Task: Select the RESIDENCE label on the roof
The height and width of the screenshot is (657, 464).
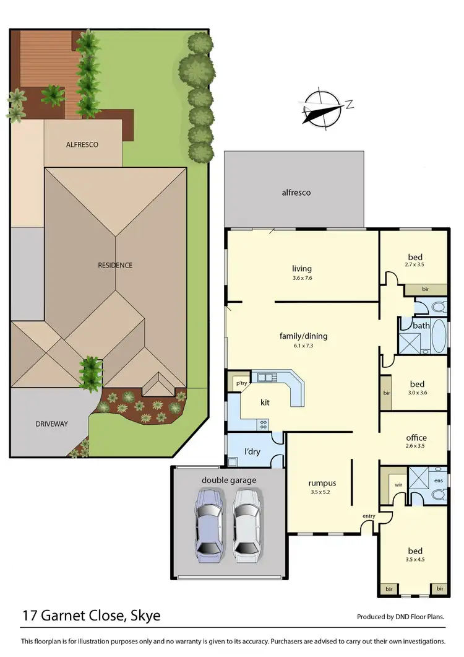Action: (115, 265)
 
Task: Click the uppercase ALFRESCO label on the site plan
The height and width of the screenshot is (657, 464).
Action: (82, 144)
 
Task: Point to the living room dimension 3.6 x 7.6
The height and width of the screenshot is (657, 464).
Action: (302, 278)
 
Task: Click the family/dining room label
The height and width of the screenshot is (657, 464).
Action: (303, 336)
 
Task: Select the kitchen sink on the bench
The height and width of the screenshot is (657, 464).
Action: (269, 376)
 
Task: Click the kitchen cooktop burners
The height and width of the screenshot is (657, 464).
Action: (263, 424)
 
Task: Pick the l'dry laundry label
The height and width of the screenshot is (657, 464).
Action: (252, 451)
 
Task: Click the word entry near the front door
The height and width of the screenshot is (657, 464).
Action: (369, 516)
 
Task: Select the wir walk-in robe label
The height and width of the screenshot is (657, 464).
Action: (398, 485)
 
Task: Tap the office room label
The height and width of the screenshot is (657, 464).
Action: (416, 438)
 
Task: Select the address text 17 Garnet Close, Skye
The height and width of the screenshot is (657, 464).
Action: (92, 616)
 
